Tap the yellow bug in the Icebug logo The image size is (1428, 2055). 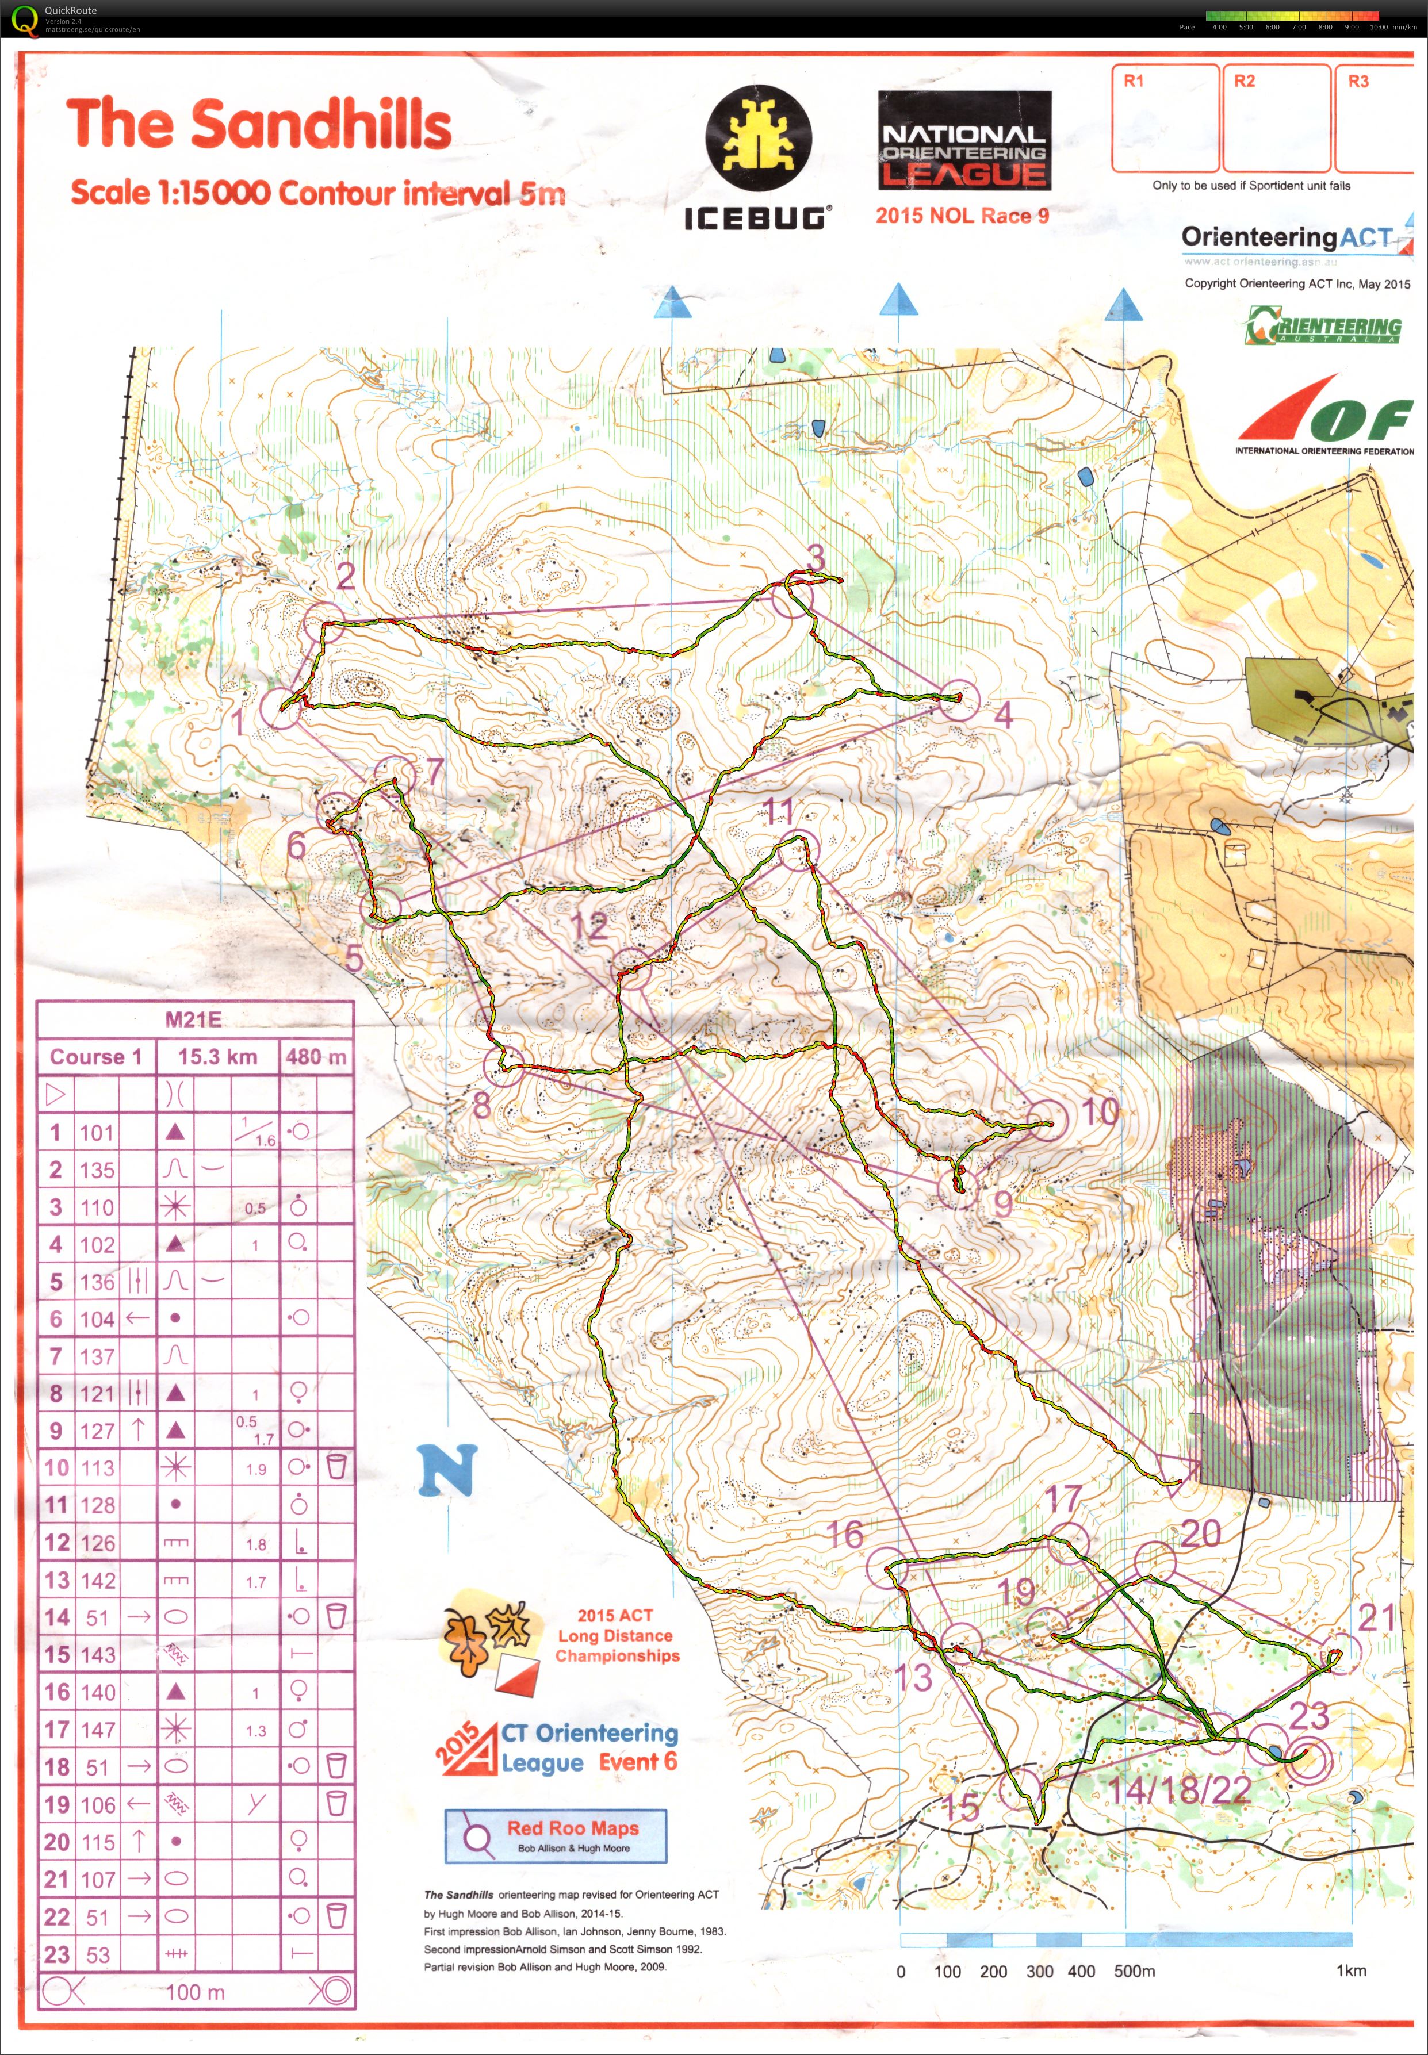point(759,139)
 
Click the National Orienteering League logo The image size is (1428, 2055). point(964,141)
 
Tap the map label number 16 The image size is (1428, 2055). point(844,1534)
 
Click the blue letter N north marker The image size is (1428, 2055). point(447,1469)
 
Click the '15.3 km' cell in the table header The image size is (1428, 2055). point(217,1057)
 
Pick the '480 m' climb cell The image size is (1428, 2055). point(316,1057)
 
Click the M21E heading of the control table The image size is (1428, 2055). point(193,1019)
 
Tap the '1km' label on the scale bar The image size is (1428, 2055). point(1350,1970)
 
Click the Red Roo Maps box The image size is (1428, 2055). point(556,1836)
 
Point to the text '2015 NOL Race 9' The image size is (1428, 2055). point(962,216)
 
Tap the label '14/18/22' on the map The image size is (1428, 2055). point(1179,1789)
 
